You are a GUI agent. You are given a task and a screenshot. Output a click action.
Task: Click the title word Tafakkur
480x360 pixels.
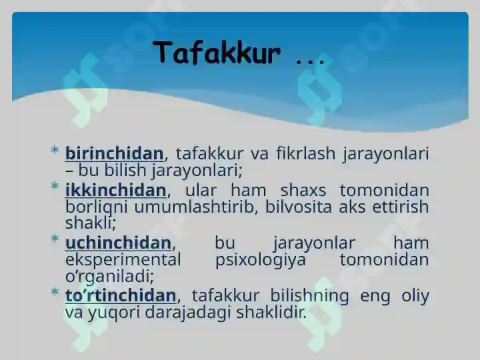(217, 53)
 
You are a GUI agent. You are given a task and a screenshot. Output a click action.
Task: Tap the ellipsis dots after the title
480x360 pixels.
(310, 61)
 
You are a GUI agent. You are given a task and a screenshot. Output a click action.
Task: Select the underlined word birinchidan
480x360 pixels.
(115, 153)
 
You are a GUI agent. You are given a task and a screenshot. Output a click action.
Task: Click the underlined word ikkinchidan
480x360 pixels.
(116, 190)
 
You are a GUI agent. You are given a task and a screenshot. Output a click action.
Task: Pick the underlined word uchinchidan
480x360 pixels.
(118, 243)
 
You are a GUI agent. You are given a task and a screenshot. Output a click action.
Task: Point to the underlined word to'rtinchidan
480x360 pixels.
(121, 295)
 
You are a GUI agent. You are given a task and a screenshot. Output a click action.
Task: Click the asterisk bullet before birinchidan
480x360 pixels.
(55, 150)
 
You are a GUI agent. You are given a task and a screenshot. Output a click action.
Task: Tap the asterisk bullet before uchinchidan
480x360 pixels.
(55, 238)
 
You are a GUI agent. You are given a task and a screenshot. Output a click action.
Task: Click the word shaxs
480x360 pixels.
(303, 190)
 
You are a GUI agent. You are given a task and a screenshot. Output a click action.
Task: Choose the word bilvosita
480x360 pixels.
(298, 207)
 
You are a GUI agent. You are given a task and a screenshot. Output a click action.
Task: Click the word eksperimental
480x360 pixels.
(123, 260)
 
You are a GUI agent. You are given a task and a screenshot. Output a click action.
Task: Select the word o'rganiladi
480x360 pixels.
(109, 277)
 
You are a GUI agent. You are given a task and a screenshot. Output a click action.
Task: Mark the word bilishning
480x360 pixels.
(309, 296)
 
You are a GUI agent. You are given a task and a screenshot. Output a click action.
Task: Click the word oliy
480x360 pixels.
(415, 296)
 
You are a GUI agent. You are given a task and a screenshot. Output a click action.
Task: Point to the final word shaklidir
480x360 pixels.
(271, 312)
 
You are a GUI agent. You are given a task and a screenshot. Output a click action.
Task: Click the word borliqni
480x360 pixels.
(96, 207)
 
